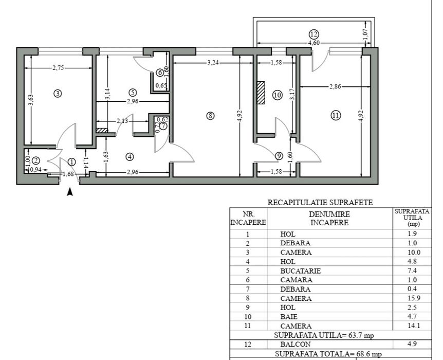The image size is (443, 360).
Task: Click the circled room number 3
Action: tap(58, 93)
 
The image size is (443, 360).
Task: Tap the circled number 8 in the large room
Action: tap(210, 116)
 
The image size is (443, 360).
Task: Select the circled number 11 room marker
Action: tap(335, 116)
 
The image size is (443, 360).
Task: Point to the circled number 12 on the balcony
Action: tap(313, 34)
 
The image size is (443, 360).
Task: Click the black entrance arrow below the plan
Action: tap(70, 192)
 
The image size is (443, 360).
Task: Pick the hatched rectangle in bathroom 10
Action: tap(261, 93)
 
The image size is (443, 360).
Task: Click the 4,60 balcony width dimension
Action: tap(314, 43)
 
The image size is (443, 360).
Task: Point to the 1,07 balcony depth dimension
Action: tap(366, 34)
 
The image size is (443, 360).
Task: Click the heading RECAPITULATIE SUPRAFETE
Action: tap(320, 203)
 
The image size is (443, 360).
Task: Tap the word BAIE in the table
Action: tap(289, 317)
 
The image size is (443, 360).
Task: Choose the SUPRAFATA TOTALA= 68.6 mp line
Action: tap(328, 354)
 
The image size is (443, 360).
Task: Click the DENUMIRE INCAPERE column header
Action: tap(329, 218)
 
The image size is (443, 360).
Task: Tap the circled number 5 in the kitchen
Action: tap(133, 93)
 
